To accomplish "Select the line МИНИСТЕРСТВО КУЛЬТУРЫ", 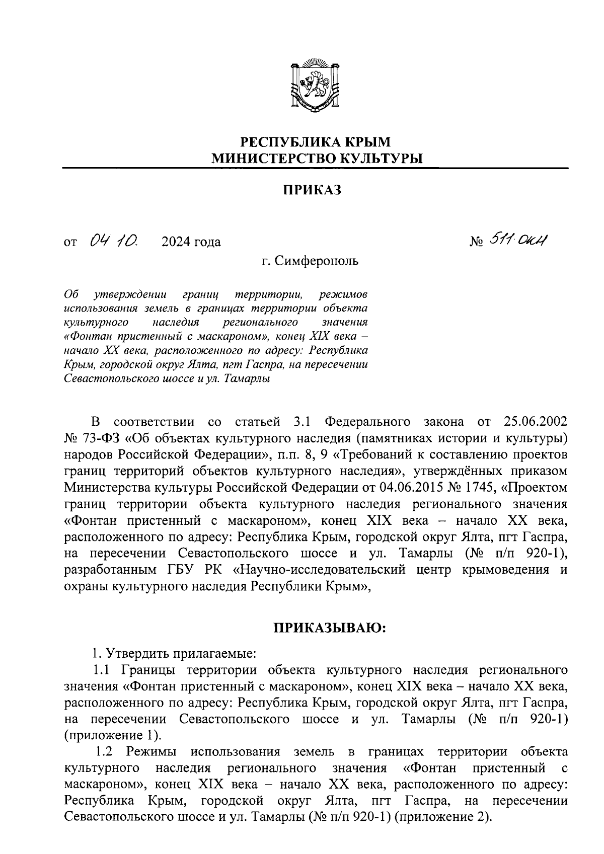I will [x=317, y=159].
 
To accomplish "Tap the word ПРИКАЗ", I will [x=311, y=190].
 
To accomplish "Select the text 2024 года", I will [x=191, y=243].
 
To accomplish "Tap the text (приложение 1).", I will [x=113, y=735].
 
